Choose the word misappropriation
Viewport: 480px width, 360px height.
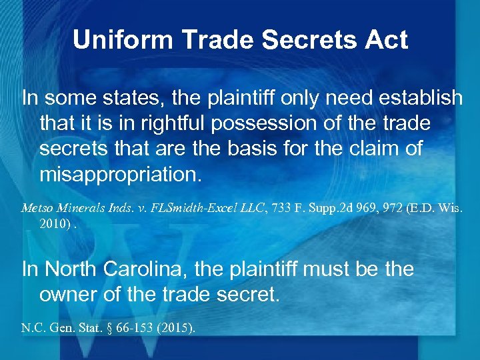coord(120,174)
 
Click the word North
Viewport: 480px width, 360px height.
coord(74,269)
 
